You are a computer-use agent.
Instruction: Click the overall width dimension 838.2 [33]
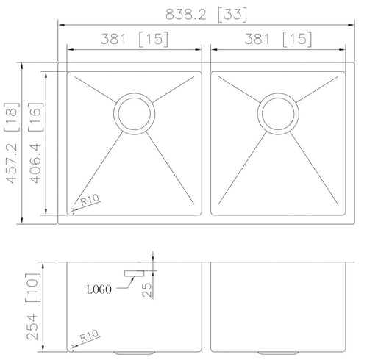206,15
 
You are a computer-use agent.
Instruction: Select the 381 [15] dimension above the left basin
135,39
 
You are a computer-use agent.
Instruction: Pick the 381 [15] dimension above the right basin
278,39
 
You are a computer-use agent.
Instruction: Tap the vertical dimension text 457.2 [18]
12,143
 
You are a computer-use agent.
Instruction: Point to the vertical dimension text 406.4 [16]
36,143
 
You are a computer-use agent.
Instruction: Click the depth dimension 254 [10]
33,306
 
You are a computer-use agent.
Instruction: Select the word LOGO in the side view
99,289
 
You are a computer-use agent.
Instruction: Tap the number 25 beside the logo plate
147,289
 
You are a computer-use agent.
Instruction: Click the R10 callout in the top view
90,200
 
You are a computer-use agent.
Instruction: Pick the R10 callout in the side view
89,336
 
